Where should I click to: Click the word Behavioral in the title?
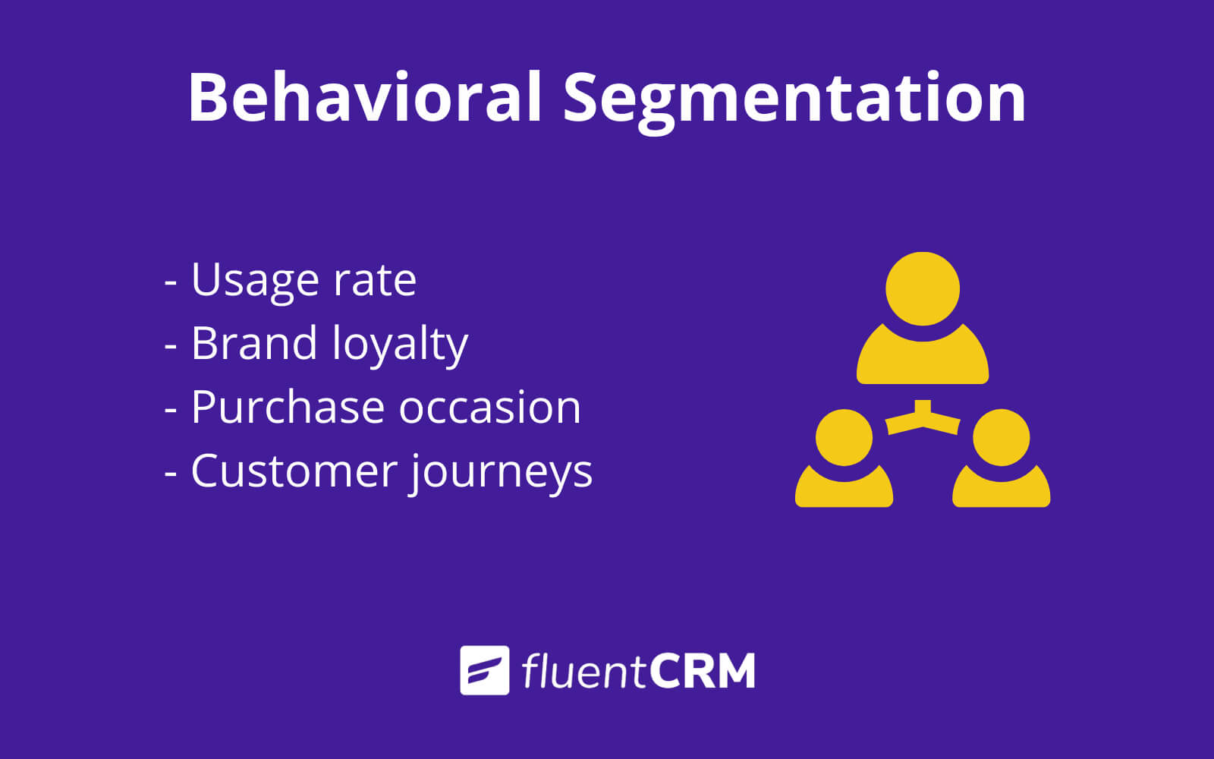[x=365, y=98]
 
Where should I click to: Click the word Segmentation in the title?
[x=794, y=102]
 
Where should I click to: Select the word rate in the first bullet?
[x=375, y=281]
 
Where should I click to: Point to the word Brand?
[x=253, y=342]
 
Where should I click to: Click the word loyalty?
[x=400, y=345]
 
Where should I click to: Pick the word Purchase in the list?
[x=288, y=407]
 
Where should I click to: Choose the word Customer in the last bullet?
[x=294, y=471]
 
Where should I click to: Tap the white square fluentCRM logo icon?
[x=485, y=670]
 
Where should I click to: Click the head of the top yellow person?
[x=923, y=289]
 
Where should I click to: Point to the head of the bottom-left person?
[x=844, y=437]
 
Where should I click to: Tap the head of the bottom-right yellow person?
[x=1001, y=437]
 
